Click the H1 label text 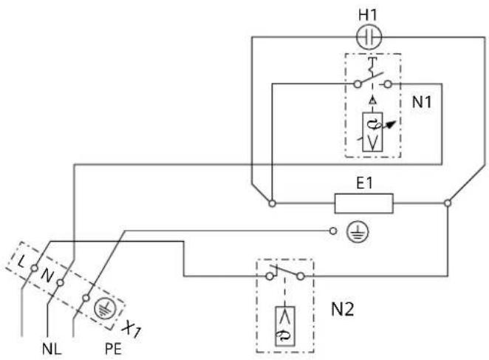pyautogui.click(x=368, y=15)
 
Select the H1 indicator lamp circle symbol pyautogui.click(x=369, y=38)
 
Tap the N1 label pyautogui.click(x=422, y=102)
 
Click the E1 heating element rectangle pyautogui.click(x=363, y=203)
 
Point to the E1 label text pyautogui.click(x=364, y=183)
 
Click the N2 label pyautogui.click(x=342, y=310)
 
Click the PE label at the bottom pyautogui.click(x=113, y=349)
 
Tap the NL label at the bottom pyautogui.click(x=52, y=349)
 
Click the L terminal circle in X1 pyautogui.click(x=34, y=268)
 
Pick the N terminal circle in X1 pyautogui.click(x=60, y=283)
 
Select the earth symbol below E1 pyautogui.click(x=358, y=231)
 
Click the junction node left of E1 pyautogui.click(x=273, y=203)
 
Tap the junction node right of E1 pyautogui.click(x=448, y=203)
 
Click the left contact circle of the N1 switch pyautogui.click(x=358, y=84)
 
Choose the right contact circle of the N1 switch pyautogui.click(x=387, y=84)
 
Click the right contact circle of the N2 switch pyautogui.click(x=301, y=276)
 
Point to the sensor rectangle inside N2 pyautogui.click(x=284, y=326)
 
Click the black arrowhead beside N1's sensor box pyautogui.click(x=391, y=124)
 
